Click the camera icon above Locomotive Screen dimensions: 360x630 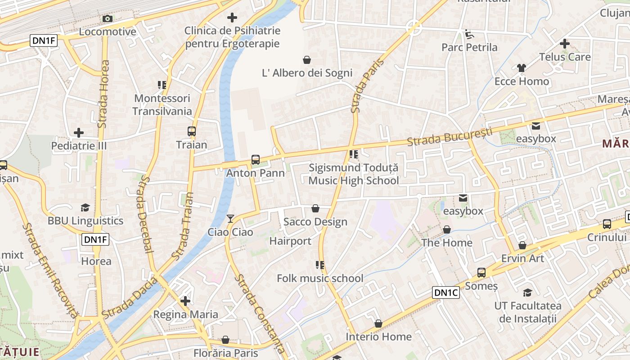click(107, 18)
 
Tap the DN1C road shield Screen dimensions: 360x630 click(446, 292)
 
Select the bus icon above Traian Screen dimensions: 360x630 click(192, 131)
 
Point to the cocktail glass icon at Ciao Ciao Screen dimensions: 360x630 click(230, 219)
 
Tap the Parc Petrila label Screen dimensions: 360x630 click(469, 47)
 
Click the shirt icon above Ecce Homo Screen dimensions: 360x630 click(521, 68)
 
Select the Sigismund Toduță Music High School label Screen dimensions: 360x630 click(354, 174)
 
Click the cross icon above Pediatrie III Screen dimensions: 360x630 click(79, 133)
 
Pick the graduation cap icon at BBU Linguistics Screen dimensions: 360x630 click(85, 207)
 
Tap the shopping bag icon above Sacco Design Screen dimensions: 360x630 click(315, 208)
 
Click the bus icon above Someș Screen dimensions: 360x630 click(481, 272)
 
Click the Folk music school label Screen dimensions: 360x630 click(320, 278)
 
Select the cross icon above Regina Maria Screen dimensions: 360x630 click(185, 301)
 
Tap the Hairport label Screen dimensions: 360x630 click(290, 241)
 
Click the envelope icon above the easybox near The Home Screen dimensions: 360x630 click(463, 198)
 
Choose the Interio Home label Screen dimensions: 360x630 click(378, 337)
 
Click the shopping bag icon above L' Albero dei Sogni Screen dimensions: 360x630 click(307, 60)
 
